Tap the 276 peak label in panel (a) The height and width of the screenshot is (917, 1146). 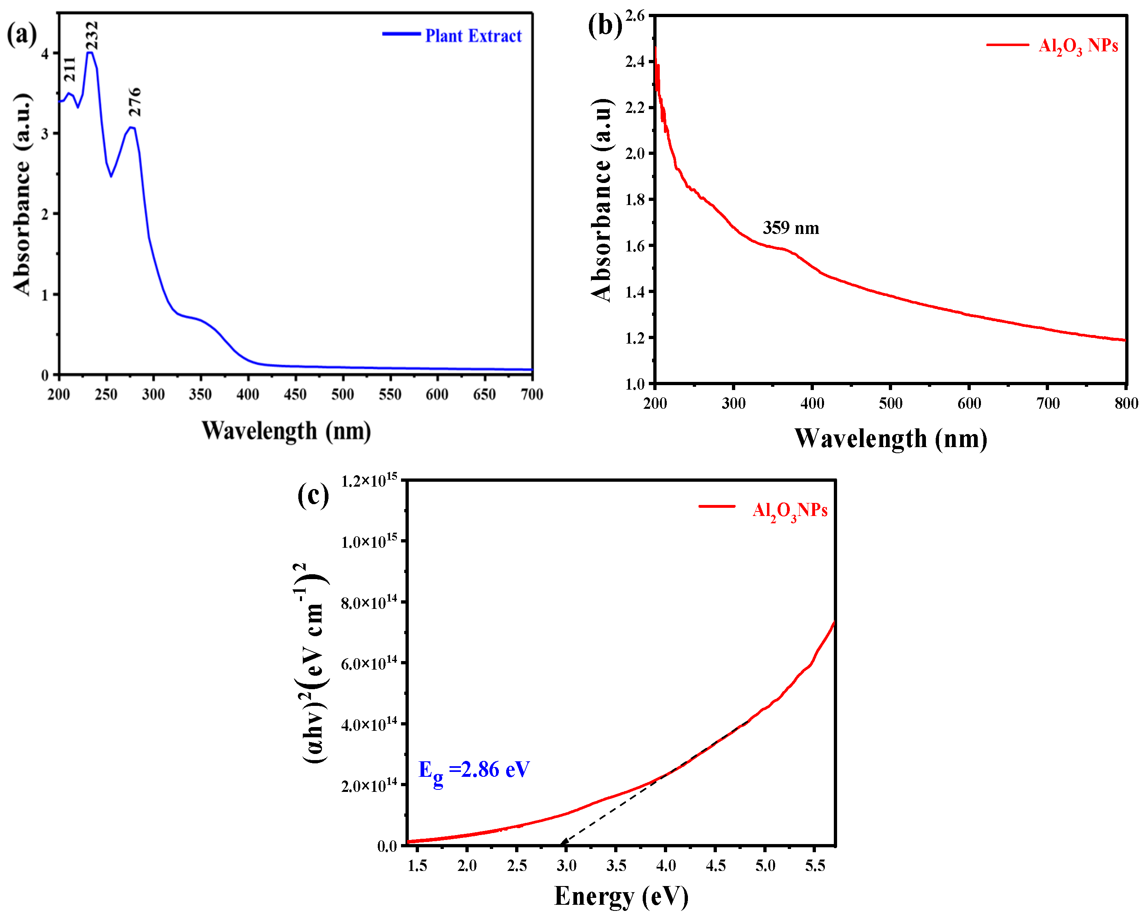(x=135, y=101)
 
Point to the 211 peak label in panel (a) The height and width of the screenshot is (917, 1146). (x=70, y=69)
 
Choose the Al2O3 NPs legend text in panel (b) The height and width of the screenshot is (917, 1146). (x=1078, y=46)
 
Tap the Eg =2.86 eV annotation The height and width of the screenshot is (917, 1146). (x=474, y=770)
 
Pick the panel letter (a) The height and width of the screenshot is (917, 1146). (x=22, y=35)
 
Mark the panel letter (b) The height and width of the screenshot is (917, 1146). (x=605, y=26)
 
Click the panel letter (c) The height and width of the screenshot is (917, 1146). (x=313, y=496)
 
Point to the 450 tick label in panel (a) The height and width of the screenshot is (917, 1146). (x=295, y=394)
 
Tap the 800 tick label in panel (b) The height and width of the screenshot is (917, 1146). (x=1126, y=403)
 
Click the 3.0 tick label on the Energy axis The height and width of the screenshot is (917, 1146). (x=566, y=866)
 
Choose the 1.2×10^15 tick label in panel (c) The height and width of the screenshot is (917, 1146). (x=369, y=480)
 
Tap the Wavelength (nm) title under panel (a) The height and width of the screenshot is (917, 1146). (x=286, y=431)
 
